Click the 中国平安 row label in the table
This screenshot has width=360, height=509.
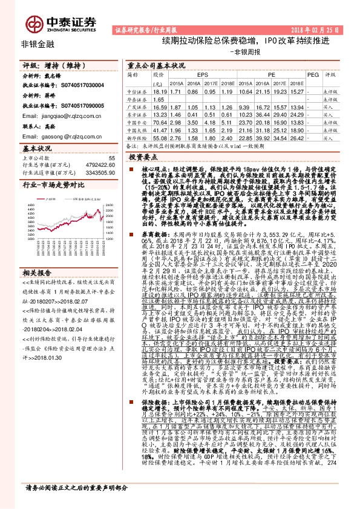(137, 122)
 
